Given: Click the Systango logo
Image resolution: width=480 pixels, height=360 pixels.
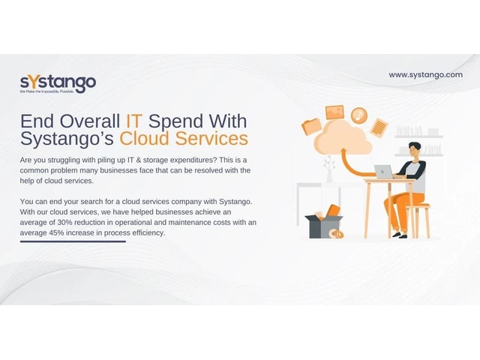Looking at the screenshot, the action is pos(58,84).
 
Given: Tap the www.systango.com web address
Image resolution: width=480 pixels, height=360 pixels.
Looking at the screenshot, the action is pos(425,75).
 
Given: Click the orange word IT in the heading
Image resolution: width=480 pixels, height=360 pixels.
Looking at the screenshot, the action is pos(133,121).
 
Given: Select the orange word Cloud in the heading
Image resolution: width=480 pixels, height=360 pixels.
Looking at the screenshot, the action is pos(144,138).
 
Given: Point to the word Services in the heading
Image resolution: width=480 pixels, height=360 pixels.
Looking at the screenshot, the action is pos(211,138).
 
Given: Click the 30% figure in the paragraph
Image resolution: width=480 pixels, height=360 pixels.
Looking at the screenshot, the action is pos(64,223).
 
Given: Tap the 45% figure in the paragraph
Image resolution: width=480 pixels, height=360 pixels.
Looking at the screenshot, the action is pos(57,233).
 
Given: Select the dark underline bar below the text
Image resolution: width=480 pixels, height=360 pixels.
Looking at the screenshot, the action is pos(73,241).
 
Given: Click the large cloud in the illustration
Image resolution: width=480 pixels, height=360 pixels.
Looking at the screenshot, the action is pos(342,137).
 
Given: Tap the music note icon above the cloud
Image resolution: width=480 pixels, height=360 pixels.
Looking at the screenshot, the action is pos(358,115).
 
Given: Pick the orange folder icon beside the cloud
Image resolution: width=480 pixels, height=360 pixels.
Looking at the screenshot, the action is pos(311,126).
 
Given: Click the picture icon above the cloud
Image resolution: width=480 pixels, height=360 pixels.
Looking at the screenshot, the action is pos(335,112).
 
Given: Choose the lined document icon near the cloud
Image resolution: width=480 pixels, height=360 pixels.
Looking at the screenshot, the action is pos(379,127).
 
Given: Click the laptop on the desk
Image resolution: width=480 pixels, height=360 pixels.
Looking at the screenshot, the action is pos(384,172).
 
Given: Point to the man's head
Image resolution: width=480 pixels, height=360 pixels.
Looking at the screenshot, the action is pos(415,150).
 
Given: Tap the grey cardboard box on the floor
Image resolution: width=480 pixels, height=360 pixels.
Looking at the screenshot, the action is pos(323,226).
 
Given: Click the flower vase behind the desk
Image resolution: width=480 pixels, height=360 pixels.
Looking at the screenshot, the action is pos(329,169).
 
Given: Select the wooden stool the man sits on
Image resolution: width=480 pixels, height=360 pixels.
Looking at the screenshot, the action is pos(418,221).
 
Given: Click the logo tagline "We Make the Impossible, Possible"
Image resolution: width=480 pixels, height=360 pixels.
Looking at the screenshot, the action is pos(46,91).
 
